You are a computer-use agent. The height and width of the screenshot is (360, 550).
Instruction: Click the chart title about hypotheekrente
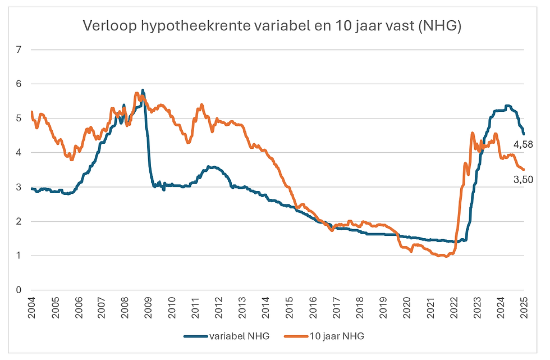click(272, 26)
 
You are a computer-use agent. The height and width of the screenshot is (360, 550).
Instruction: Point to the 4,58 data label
click(523, 145)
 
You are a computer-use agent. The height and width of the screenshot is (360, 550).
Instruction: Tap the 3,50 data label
click(523, 180)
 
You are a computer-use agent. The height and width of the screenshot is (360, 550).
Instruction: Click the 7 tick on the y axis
click(19, 49)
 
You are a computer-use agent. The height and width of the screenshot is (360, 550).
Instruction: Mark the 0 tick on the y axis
click(19, 290)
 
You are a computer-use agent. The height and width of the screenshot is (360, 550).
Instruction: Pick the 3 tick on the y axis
click(19, 187)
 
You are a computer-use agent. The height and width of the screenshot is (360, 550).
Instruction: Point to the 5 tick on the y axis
click(19, 119)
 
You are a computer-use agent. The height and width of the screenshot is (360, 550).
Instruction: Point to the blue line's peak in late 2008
click(143, 90)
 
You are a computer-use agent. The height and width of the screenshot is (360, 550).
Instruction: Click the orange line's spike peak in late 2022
click(472, 133)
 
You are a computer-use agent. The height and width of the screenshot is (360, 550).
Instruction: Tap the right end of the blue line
click(524, 134)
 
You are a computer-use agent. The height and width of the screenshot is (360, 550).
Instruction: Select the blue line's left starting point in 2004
click(31, 189)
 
